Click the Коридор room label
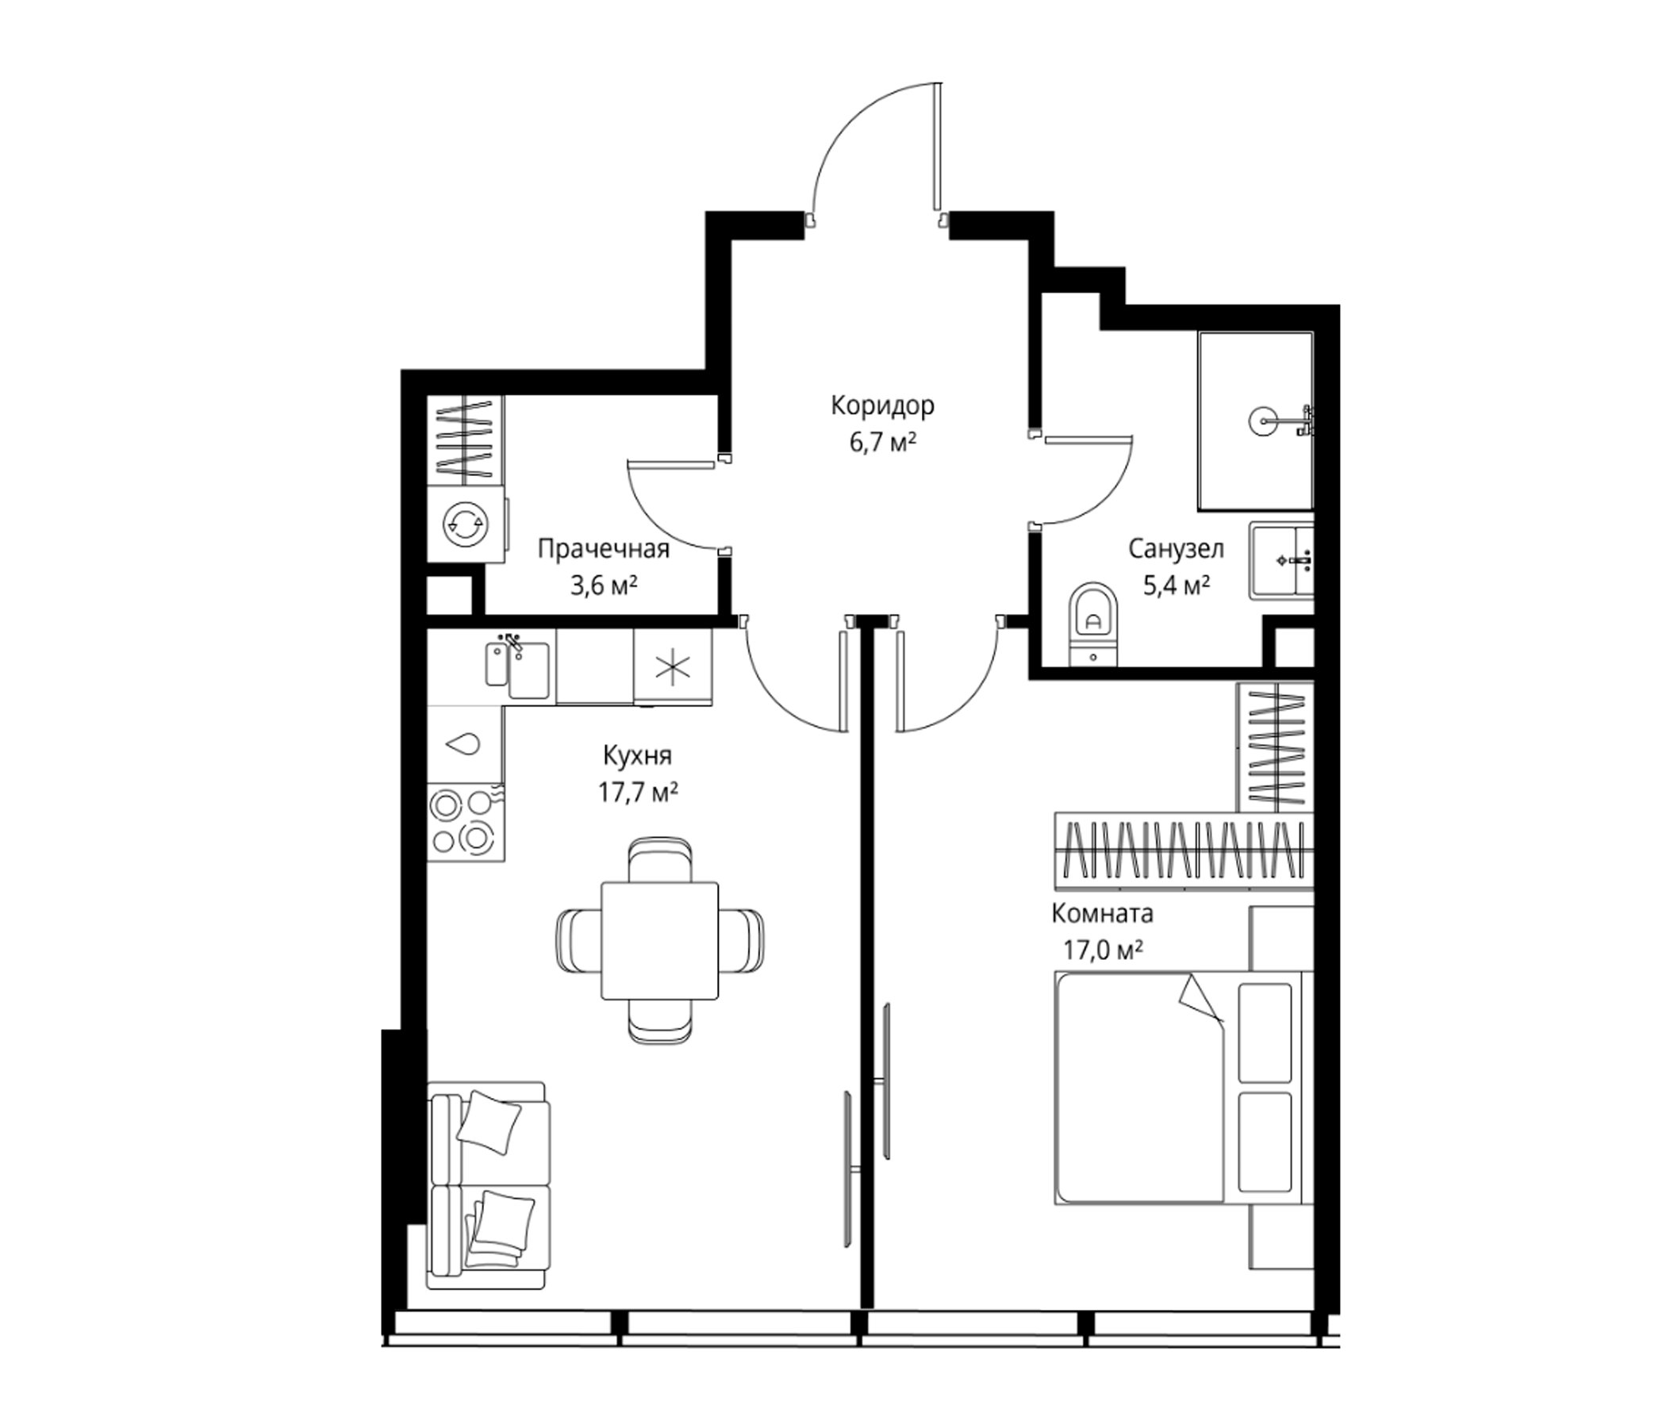point(882,406)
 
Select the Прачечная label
point(603,549)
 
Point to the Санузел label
point(1176,549)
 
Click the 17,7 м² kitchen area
point(638,793)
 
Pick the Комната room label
point(1103,914)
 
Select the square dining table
point(659,940)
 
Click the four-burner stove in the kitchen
point(466,822)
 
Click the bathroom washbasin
point(1282,560)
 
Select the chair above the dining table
point(659,860)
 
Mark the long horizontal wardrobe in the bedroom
point(1184,850)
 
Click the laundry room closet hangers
point(465,439)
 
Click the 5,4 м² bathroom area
point(1177,585)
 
